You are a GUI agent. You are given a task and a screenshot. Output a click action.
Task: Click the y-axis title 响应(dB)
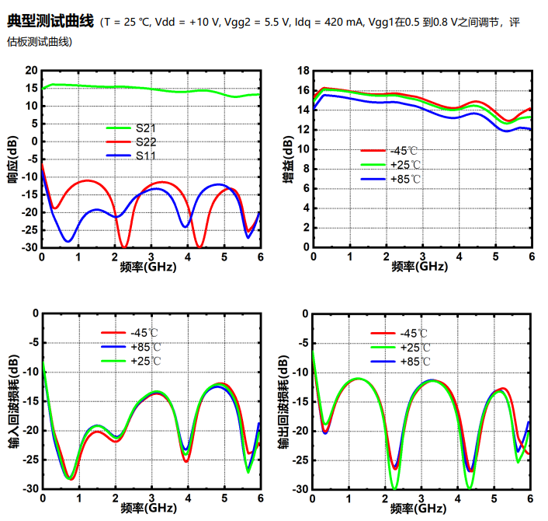pyautogui.click(x=12, y=159)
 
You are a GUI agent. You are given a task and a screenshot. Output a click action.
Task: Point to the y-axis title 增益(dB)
pyautogui.click(x=288, y=159)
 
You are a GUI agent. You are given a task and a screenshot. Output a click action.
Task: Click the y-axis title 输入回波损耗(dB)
pyautogui.click(x=12, y=402)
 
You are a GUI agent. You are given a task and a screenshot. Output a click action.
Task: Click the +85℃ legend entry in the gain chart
pyautogui.click(x=404, y=180)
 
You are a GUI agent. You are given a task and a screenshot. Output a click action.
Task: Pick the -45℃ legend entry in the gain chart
pyautogui.click(x=404, y=151)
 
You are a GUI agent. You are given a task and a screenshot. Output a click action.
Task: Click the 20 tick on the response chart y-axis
pyautogui.click(x=31, y=71)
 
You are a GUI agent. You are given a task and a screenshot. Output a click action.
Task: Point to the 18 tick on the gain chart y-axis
pyautogui.click(x=303, y=71)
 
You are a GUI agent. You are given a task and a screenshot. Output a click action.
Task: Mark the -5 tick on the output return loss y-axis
pyautogui.click(x=302, y=343)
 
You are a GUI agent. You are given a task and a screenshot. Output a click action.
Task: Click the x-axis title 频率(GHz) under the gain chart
pyautogui.click(x=419, y=267)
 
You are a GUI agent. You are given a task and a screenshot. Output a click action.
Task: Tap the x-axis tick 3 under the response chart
pyautogui.click(x=151, y=257)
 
